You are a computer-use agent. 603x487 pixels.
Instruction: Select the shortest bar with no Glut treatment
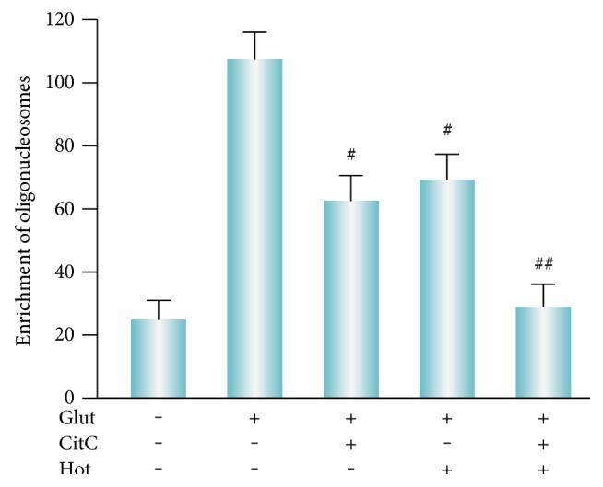(159, 358)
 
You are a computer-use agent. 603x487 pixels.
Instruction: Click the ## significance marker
(542, 264)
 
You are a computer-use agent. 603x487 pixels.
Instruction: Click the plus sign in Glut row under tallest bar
(254, 419)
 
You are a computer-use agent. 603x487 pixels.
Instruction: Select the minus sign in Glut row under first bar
(159, 419)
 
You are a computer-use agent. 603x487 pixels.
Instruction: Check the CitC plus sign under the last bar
(542, 445)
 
